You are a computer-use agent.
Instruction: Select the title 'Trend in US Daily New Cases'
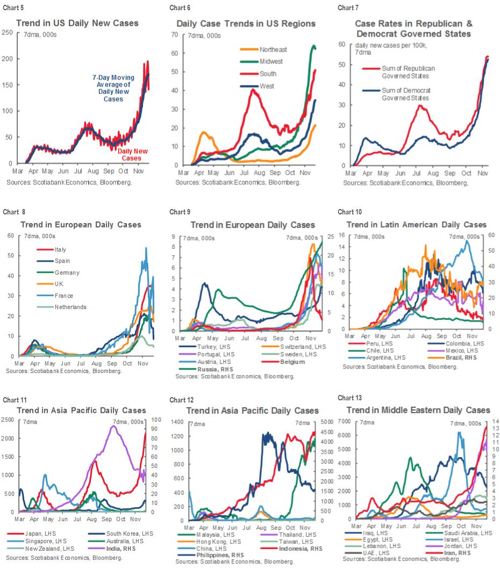click(77, 23)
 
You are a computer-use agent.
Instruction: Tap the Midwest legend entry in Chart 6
click(271, 62)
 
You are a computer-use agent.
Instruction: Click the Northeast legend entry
click(273, 49)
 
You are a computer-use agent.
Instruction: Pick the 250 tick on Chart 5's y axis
click(7, 33)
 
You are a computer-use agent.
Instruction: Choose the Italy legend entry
click(60, 249)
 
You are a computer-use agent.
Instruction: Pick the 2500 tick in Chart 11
click(9, 420)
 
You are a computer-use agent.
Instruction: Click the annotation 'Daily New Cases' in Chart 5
click(129, 155)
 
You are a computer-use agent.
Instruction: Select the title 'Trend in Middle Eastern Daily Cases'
click(418, 410)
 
